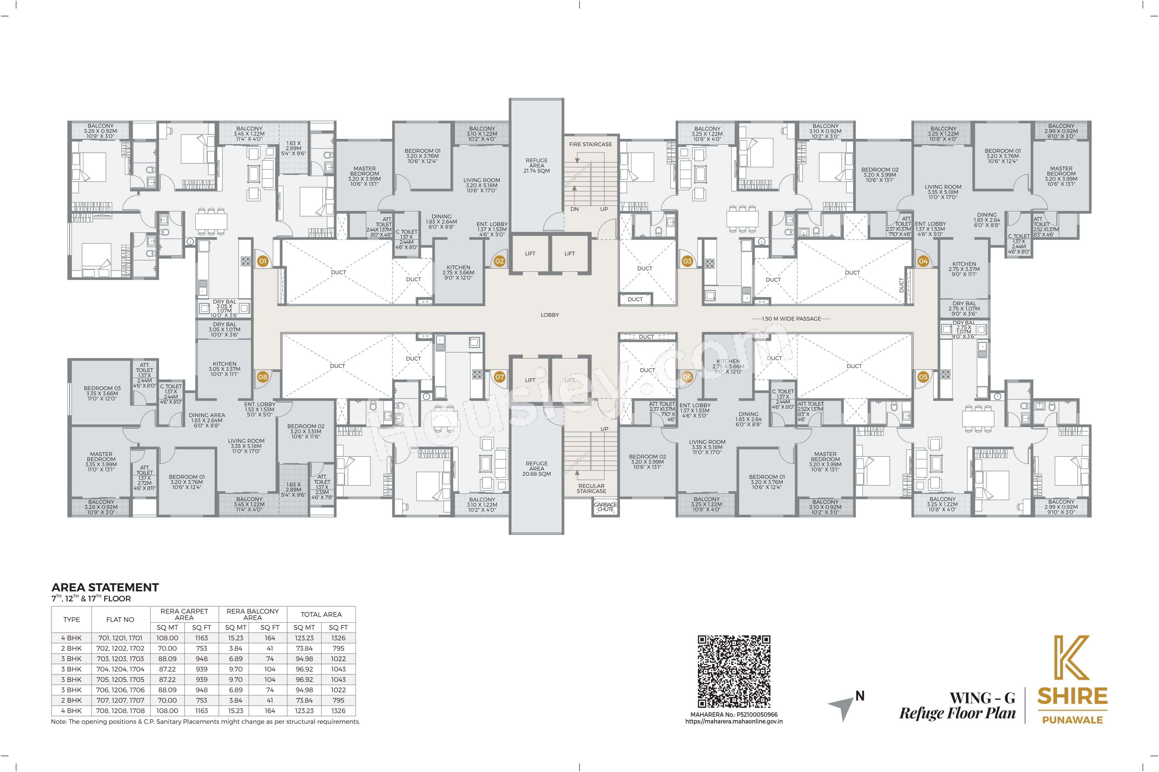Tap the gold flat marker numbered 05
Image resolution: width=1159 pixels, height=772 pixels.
[x=923, y=377]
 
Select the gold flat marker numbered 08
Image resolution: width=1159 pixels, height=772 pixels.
[x=263, y=377]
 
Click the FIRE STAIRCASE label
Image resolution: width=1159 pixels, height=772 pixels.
[x=590, y=144]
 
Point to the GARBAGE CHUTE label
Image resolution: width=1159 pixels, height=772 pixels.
[x=605, y=507]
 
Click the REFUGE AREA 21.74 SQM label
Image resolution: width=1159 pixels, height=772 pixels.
[x=537, y=165]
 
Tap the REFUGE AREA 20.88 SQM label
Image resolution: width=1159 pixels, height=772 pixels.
[x=537, y=468]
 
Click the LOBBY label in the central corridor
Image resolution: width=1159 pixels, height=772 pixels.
[x=550, y=315]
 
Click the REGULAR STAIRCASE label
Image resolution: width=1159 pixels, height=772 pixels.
[x=591, y=488]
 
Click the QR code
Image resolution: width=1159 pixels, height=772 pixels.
[x=734, y=672]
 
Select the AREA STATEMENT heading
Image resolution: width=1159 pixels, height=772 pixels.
[x=105, y=587]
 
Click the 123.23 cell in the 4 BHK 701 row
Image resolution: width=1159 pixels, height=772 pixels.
[x=304, y=638]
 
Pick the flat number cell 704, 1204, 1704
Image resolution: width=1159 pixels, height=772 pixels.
[x=120, y=669]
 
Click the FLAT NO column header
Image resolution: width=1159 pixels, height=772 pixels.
[x=120, y=620]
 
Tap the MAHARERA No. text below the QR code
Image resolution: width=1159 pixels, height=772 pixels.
[x=734, y=714]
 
